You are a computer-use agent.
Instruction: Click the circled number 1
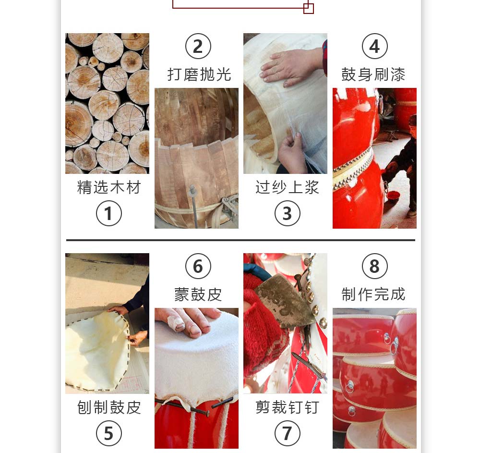[108, 213]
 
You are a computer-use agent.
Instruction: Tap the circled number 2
[198, 46]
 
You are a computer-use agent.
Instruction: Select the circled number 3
[287, 213]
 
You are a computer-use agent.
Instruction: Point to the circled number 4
[375, 46]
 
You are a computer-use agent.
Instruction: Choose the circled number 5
[108, 433]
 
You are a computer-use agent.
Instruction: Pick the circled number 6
[198, 266]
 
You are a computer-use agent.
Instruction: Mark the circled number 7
[287, 433]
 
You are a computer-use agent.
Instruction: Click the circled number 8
[375, 266]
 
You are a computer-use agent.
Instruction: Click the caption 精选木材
[109, 187]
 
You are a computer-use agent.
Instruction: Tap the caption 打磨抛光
[199, 74]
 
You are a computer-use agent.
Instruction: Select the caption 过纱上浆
[287, 187]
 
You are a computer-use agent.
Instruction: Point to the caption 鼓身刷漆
[373, 74]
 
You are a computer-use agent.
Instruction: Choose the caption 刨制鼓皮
[109, 407]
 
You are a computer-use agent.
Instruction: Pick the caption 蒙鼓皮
[198, 294]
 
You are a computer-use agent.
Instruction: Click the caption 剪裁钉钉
[287, 407]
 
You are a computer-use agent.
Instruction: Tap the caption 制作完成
[373, 294]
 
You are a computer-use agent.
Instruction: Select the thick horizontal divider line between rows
[240, 240]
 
